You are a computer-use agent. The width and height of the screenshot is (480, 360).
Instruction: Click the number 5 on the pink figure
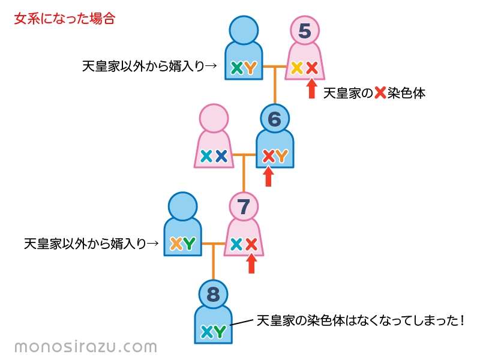click(x=305, y=31)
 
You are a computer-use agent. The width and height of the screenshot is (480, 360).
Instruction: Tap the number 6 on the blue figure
click(x=275, y=119)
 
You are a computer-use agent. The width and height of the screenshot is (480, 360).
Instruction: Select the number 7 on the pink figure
click(x=244, y=207)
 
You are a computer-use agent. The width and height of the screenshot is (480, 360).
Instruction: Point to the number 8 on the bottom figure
click(x=214, y=295)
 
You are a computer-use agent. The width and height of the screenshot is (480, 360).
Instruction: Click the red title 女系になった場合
click(x=65, y=19)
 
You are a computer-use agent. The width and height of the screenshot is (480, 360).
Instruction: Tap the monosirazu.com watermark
click(x=86, y=347)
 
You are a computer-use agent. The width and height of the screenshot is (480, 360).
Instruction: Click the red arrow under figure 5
click(x=311, y=89)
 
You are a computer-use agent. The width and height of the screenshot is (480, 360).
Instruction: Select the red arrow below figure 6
click(x=268, y=176)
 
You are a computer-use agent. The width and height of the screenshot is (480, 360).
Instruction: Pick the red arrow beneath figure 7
click(x=251, y=263)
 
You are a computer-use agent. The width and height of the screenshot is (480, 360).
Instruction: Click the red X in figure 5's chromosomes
click(x=312, y=68)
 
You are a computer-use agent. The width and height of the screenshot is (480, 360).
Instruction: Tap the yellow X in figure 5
click(x=297, y=68)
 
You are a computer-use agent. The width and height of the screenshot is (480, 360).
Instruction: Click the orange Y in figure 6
click(x=281, y=156)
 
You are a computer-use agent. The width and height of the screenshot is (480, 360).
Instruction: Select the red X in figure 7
click(x=251, y=244)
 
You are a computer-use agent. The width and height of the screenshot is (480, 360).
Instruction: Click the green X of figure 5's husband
click(x=236, y=68)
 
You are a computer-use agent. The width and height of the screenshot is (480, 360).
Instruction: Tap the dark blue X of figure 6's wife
click(x=221, y=156)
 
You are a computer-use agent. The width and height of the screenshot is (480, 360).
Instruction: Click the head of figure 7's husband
click(x=183, y=206)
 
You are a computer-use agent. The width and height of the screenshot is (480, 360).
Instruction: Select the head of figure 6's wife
click(x=214, y=118)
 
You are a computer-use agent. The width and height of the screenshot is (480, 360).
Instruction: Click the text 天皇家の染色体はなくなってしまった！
click(x=361, y=320)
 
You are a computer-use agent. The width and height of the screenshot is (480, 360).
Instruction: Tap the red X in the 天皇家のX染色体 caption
click(x=380, y=92)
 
